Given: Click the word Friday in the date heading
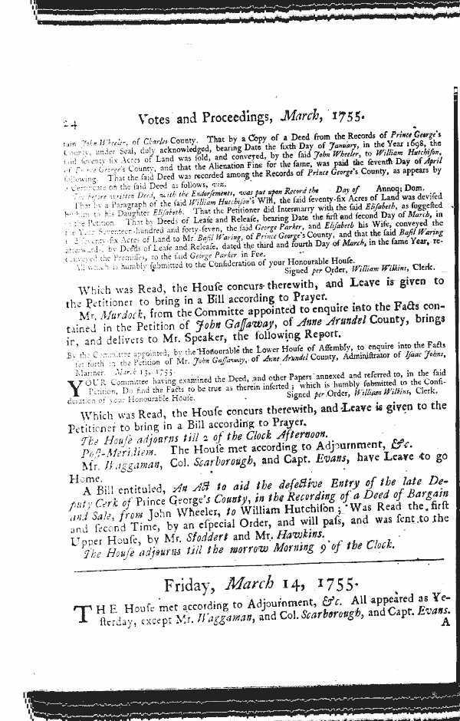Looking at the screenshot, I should click(187, 587).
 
